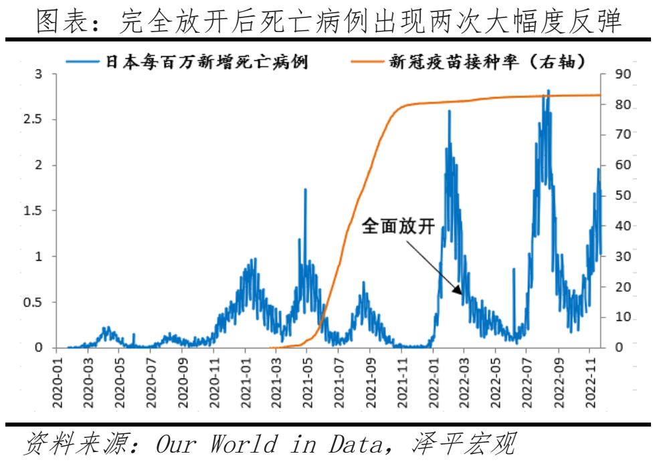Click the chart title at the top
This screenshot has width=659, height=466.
pyautogui.click(x=329, y=21)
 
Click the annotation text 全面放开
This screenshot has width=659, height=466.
pyautogui.click(x=398, y=226)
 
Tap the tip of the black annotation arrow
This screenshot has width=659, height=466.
pyautogui.click(x=461, y=294)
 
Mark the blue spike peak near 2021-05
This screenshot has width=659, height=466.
pyautogui.click(x=305, y=189)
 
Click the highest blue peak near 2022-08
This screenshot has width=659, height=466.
pyautogui.click(x=549, y=90)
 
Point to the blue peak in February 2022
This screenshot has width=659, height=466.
pyautogui.click(x=449, y=111)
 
